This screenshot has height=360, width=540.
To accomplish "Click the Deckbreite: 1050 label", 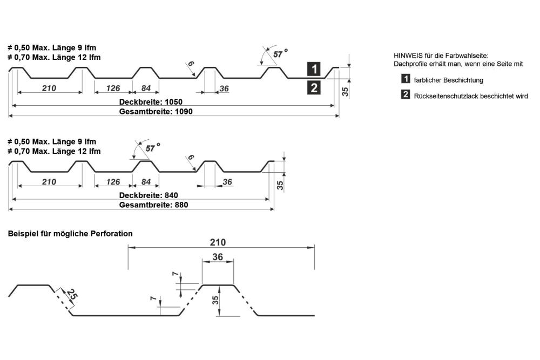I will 152,101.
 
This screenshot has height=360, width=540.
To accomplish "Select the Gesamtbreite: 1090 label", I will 156,112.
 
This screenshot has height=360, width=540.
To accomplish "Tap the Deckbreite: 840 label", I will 148,195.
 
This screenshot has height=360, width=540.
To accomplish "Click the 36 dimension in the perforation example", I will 218,257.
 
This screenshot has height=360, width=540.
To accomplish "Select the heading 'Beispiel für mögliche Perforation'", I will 70,234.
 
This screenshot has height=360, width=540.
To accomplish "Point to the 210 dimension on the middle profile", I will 49,182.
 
